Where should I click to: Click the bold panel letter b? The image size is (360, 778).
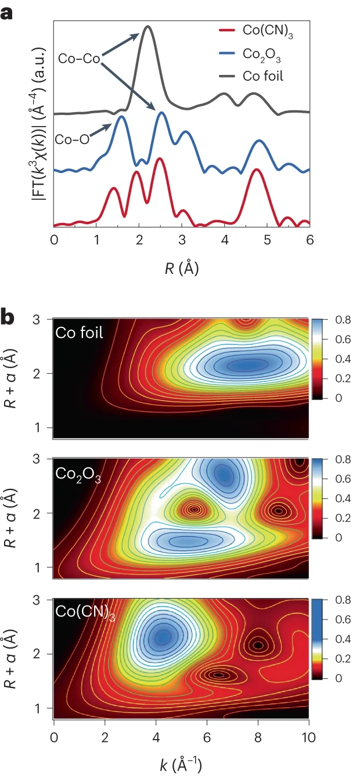click(x=8, y=318)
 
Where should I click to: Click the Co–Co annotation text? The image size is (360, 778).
click(x=79, y=59)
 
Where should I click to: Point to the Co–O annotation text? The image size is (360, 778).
click(x=72, y=139)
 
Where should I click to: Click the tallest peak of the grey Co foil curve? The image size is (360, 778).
click(x=148, y=27)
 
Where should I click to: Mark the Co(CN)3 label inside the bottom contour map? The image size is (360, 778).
click(x=85, y=613)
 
